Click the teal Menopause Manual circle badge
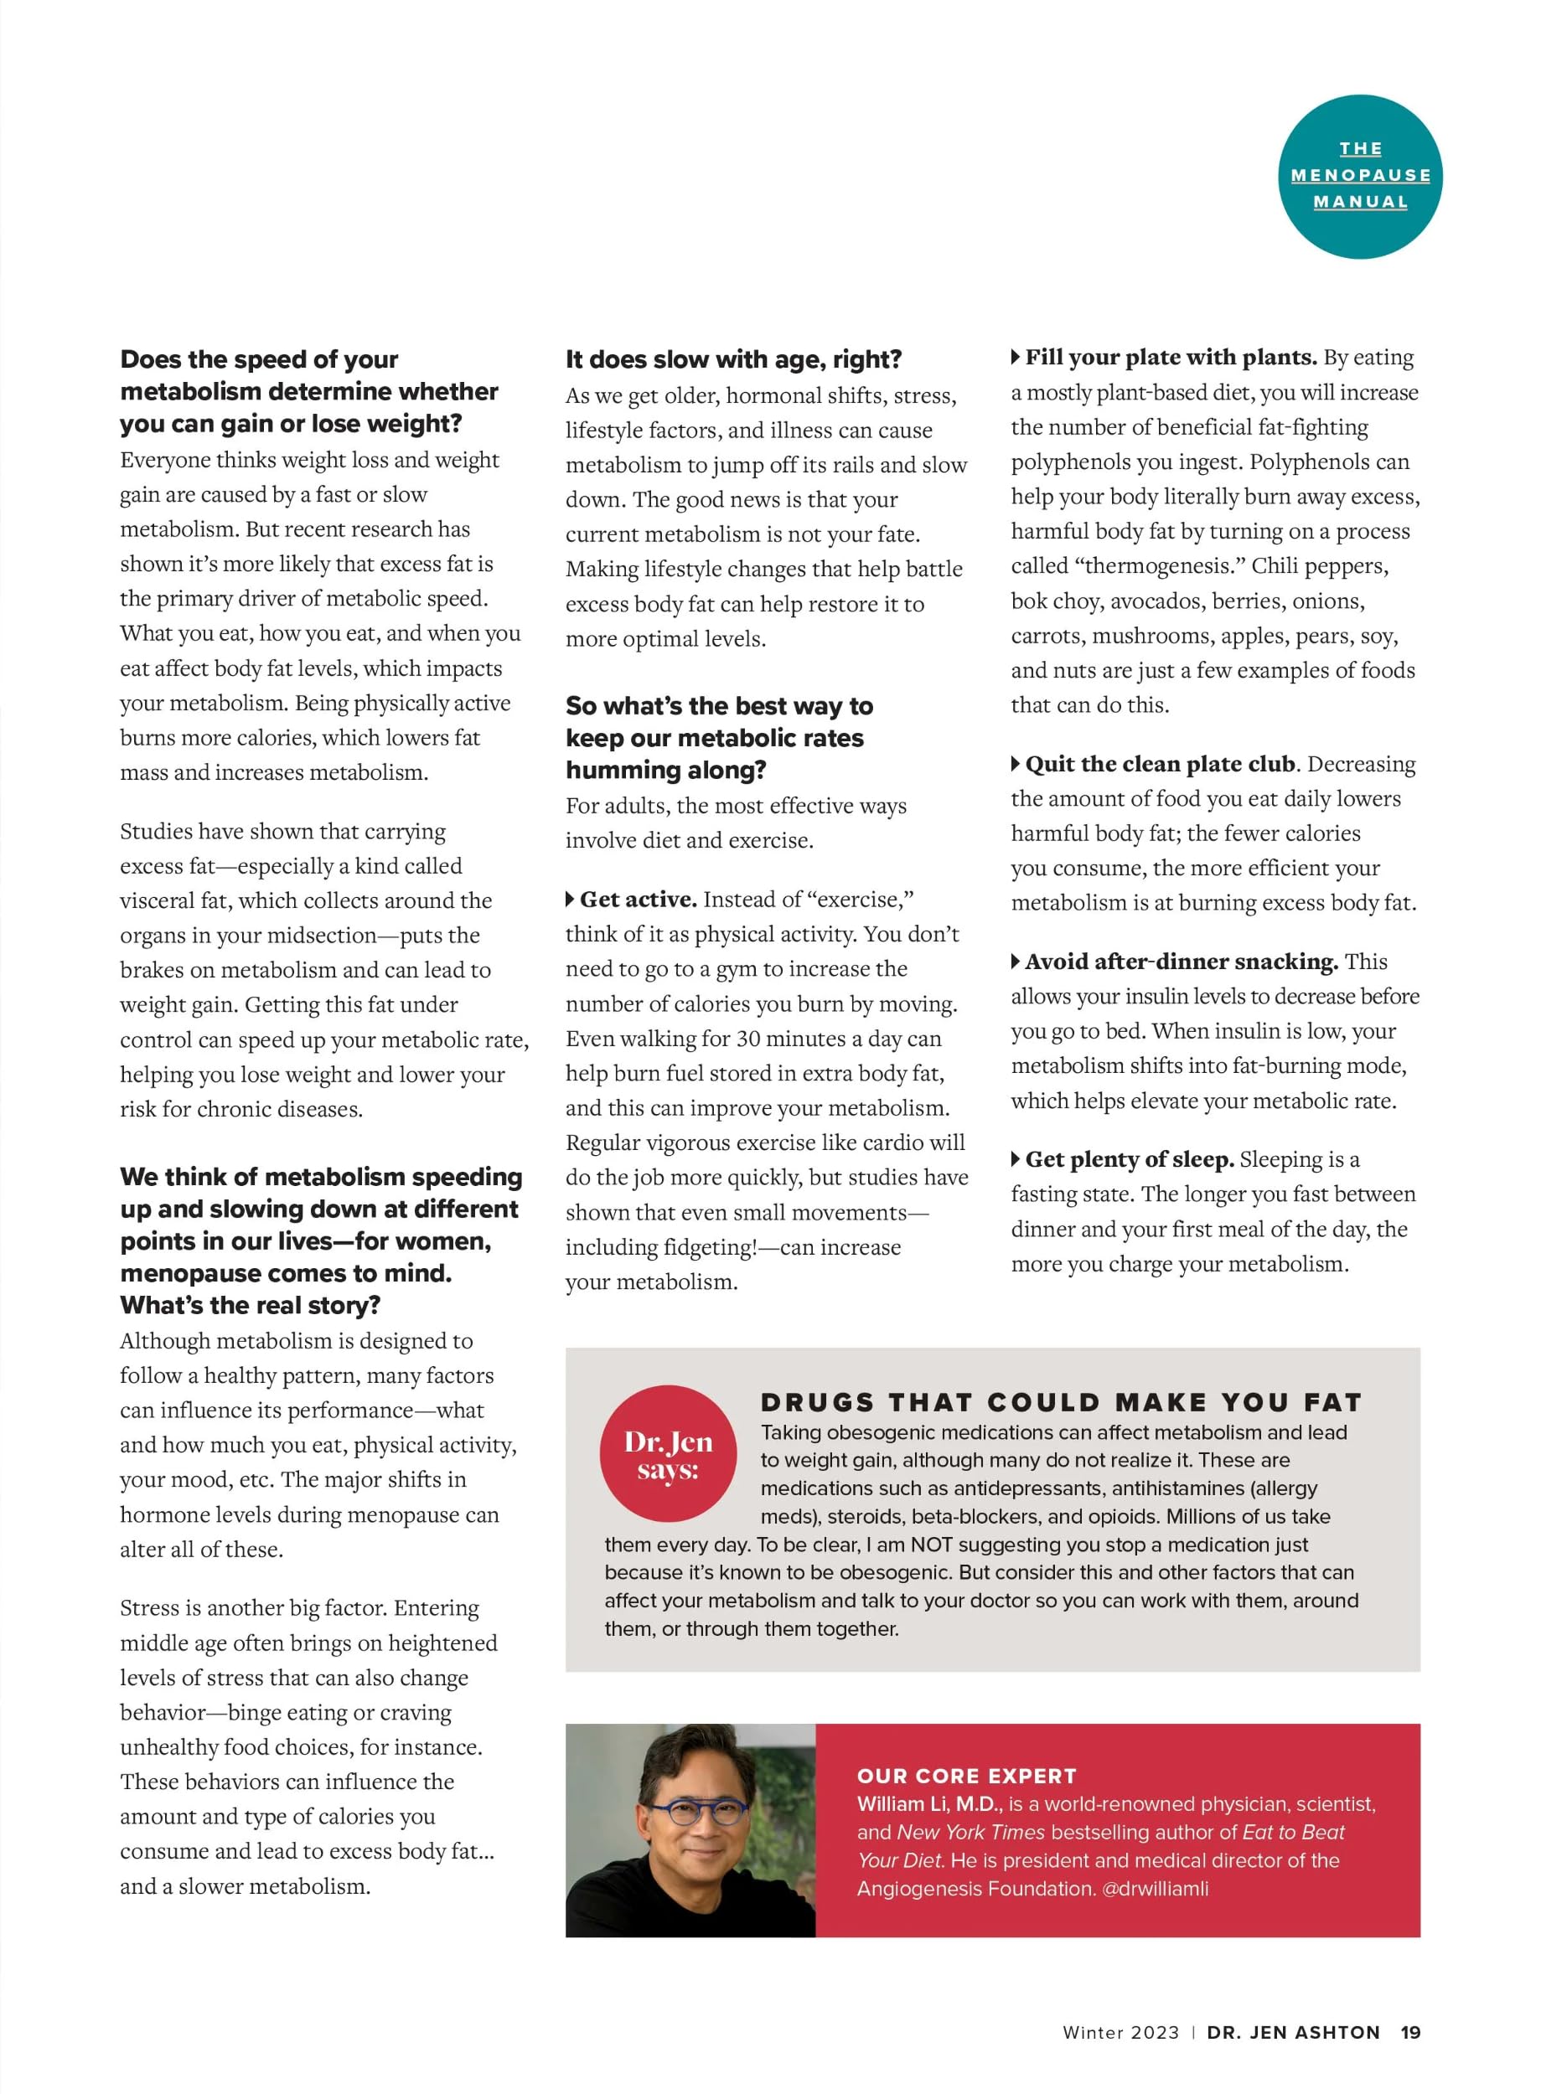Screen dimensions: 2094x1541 [1359, 176]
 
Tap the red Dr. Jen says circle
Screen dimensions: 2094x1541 [668, 1453]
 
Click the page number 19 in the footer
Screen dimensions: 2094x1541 [1410, 2033]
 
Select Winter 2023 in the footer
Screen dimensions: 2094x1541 [1120, 2033]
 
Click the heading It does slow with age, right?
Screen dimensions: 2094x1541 [733, 359]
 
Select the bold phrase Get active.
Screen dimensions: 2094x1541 [638, 899]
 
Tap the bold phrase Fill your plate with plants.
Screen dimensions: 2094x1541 [1171, 357]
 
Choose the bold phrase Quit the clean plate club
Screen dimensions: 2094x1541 [1161, 764]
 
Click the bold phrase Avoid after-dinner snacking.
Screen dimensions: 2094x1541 [1181, 962]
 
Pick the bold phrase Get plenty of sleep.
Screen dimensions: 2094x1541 [1129, 1159]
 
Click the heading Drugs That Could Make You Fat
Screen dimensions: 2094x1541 [1061, 1401]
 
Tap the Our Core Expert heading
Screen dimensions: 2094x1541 [966, 1775]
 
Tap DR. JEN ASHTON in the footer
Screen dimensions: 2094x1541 [1293, 2033]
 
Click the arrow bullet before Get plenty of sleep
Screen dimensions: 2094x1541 [1016, 1159]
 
